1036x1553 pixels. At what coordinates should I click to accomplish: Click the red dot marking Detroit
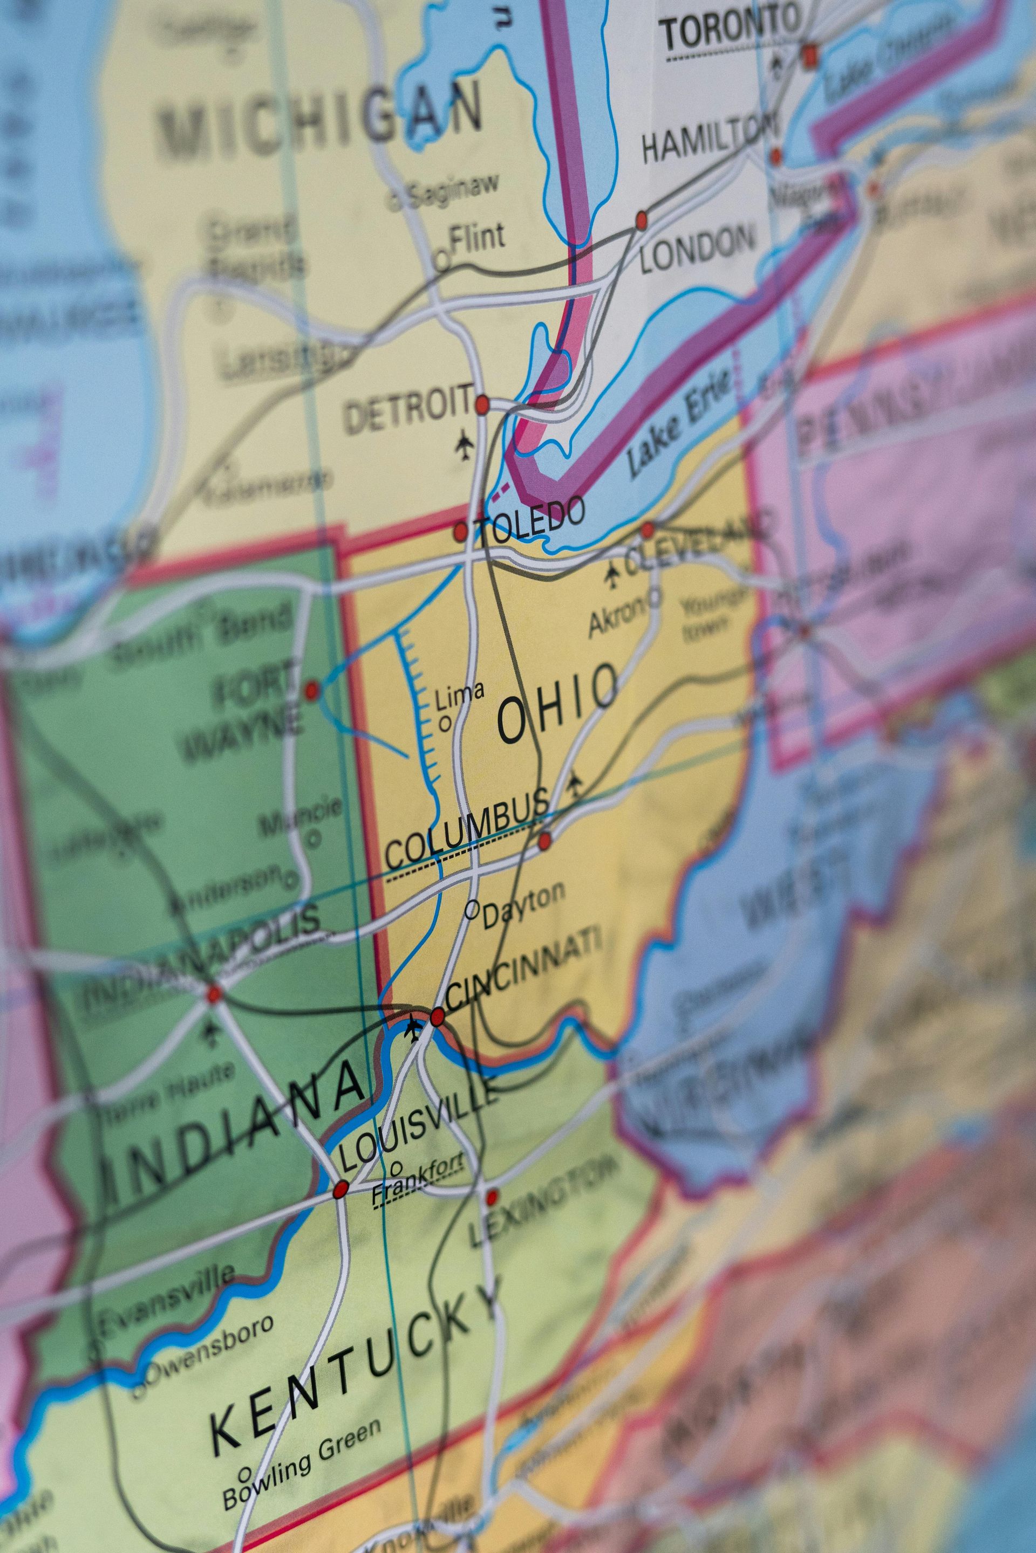(x=482, y=403)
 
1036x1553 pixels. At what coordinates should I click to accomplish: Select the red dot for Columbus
(x=544, y=841)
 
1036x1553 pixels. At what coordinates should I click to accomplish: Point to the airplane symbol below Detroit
(x=465, y=446)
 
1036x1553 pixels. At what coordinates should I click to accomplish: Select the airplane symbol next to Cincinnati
(x=413, y=1027)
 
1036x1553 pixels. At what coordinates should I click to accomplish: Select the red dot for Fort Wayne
(x=311, y=691)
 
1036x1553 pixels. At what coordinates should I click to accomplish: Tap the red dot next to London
(x=641, y=221)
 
